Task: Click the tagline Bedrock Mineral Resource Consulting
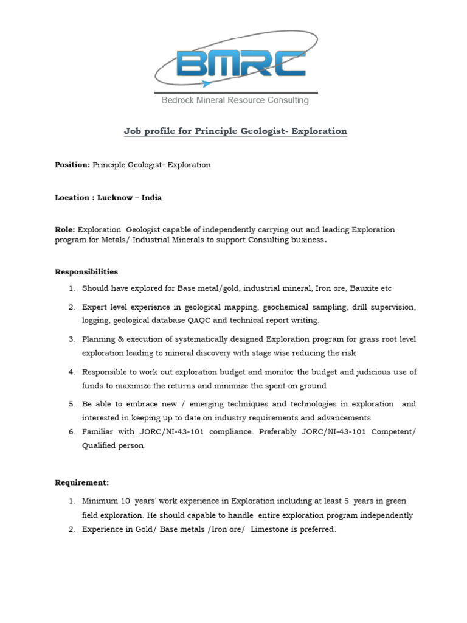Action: (235, 100)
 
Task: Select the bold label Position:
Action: (72, 165)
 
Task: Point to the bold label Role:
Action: (65, 230)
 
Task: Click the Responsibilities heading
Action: (86, 271)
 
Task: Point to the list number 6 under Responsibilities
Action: (71, 431)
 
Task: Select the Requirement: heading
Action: (82, 482)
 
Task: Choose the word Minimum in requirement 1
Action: (100, 501)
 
